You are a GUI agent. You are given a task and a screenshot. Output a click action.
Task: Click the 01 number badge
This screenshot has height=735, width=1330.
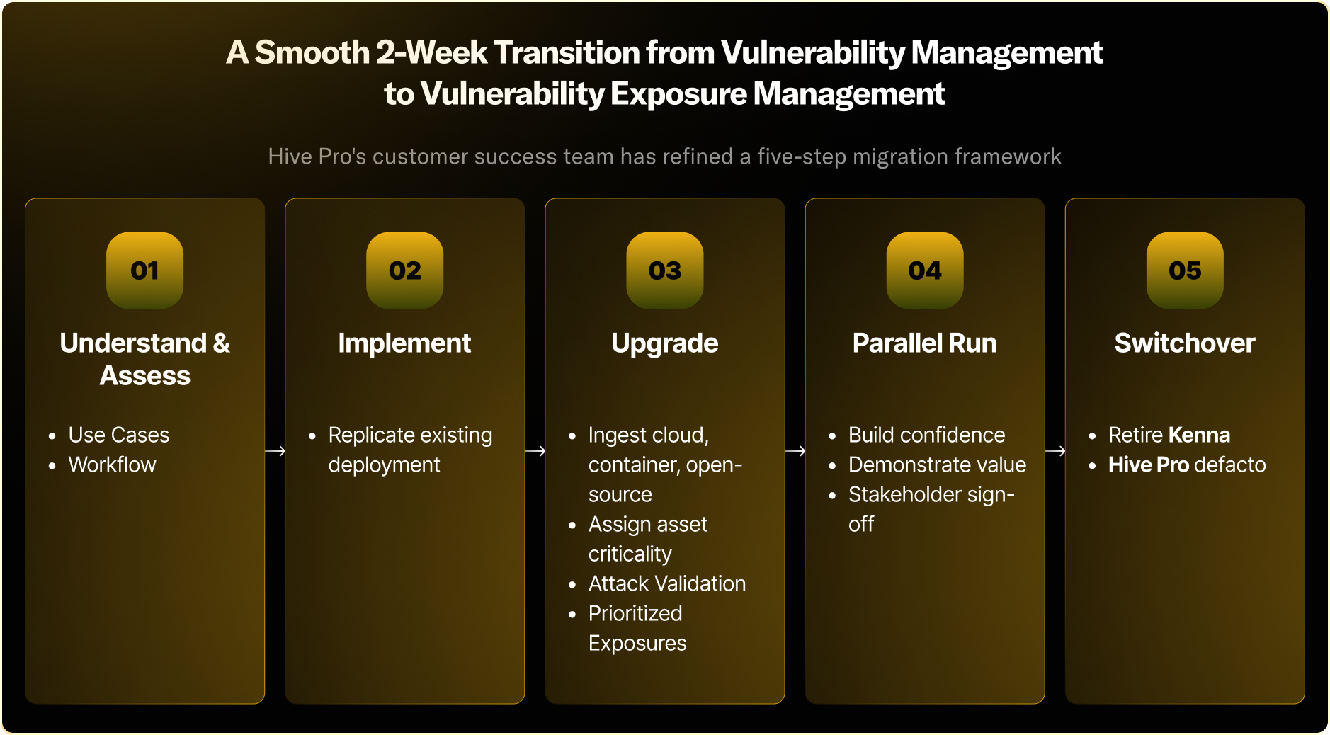pos(144,270)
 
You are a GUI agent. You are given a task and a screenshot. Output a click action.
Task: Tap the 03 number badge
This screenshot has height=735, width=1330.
pos(665,270)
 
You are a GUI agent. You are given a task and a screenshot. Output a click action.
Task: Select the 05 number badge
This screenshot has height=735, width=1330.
pos(1185,270)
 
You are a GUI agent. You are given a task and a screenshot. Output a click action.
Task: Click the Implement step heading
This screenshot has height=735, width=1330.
pos(404,343)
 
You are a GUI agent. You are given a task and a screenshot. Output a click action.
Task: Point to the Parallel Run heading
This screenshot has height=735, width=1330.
pos(924,343)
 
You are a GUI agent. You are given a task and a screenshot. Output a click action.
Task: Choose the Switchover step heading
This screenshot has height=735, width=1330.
pos(1185,343)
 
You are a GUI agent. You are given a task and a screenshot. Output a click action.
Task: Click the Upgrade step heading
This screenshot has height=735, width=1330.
pos(665,344)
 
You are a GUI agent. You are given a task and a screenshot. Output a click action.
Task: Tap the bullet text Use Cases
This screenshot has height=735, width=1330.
pos(119,435)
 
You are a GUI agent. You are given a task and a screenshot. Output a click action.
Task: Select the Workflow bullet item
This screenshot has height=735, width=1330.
pos(112,465)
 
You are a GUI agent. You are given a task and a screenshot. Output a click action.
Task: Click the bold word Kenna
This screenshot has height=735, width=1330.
pos(1200,435)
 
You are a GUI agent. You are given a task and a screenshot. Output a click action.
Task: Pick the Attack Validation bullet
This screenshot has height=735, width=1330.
pos(667,583)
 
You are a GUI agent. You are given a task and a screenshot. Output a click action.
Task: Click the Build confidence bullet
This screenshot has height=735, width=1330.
pos(926,435)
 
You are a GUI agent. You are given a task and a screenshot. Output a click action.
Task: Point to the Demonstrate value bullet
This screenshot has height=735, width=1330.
pos(937,465)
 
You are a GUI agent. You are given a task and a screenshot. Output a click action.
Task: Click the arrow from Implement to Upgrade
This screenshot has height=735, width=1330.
pos(535,451)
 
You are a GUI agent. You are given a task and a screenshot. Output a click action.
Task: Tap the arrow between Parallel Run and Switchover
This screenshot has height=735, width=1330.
pos(1055,451)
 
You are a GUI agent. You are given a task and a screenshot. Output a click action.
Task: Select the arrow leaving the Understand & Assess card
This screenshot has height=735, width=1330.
pos(275,451)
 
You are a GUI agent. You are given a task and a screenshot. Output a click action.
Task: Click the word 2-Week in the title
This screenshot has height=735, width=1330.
pos(431,52)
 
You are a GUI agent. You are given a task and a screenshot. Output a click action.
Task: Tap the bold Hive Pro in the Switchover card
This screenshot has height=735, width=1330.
pos(1148,465)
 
